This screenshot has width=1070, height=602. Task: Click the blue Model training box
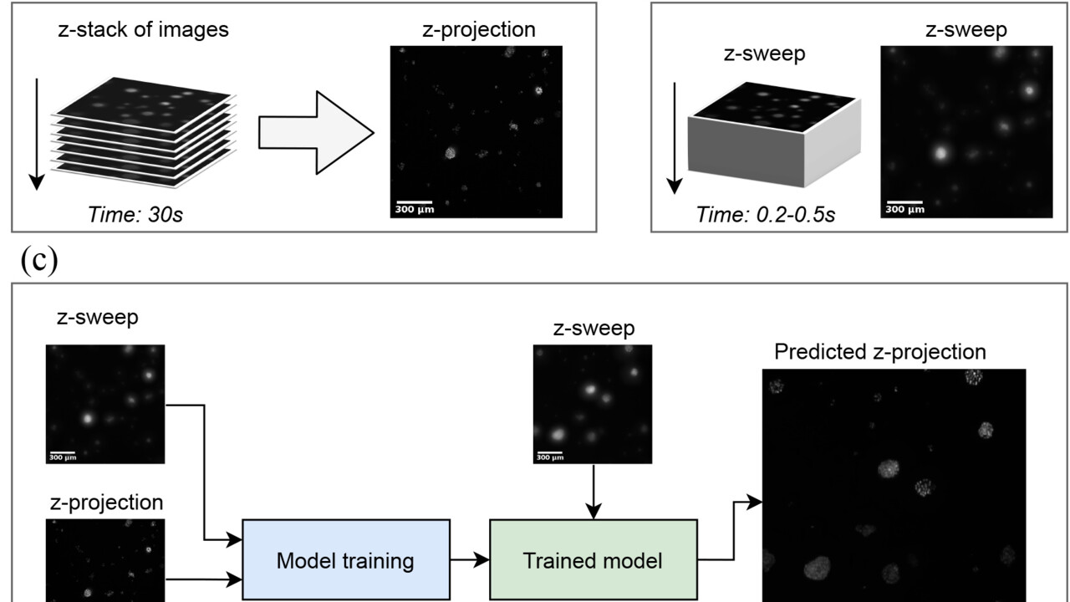345,559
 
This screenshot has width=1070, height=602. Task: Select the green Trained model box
593,559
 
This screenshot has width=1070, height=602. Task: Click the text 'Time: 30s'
135,214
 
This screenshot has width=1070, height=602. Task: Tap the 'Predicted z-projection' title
879,352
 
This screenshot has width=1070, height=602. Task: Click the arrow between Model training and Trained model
470,559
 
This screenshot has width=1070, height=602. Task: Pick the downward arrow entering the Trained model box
593,493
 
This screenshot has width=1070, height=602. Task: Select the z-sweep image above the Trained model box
592,404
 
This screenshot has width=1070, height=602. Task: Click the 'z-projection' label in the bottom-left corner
105,502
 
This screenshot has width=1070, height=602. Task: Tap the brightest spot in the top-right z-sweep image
940,153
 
